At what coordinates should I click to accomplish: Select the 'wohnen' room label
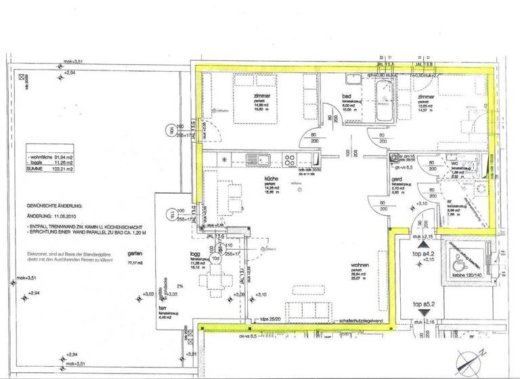[x=360, y=265]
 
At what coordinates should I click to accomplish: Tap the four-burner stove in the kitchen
[x=289, y=160]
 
